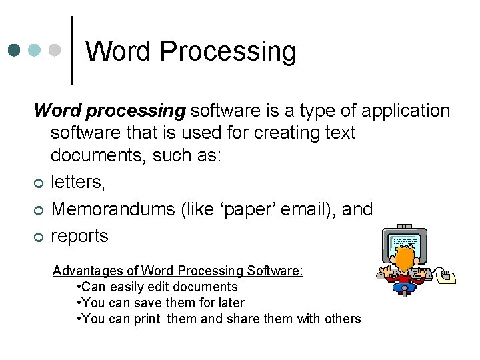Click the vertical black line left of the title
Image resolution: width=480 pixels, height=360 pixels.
click(x=72, y=51)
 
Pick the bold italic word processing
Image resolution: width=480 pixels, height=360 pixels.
click(x=110, y=110)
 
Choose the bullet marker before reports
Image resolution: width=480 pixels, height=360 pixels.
click(x=39, y=237)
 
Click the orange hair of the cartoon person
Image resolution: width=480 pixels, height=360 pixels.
click(x=404, y=261)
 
